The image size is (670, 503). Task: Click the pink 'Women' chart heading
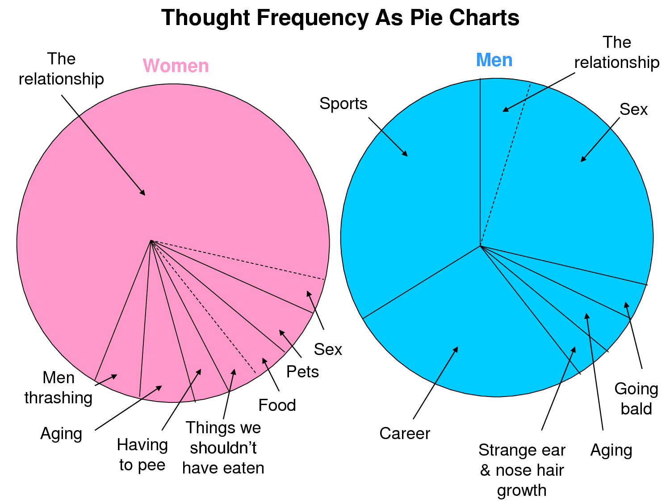coord(176,66)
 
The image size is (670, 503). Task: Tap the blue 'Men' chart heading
coord(494,60)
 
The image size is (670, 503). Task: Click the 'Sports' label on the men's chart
coord(343,104)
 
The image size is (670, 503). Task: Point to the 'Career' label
coord(405,433)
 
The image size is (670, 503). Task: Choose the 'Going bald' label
coord(636,399)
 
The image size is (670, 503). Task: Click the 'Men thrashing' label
coord(59,388)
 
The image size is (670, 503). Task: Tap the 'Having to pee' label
coord(142,455)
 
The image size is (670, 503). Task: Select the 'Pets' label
coord(302,372)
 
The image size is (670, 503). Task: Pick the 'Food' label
coord(277,405)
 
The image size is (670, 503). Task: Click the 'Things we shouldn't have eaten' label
coord(223,448)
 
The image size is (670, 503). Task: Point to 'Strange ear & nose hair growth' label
coord(522,470)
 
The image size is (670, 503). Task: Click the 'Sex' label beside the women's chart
coord(328,349)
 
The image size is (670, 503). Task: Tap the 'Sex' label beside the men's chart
coord(633,110)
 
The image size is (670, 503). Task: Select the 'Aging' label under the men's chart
coord(611,450)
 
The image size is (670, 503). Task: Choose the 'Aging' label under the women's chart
coord(61,434)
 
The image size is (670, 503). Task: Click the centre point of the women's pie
coord(151,241)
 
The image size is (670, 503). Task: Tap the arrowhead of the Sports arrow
coord(406,155)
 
